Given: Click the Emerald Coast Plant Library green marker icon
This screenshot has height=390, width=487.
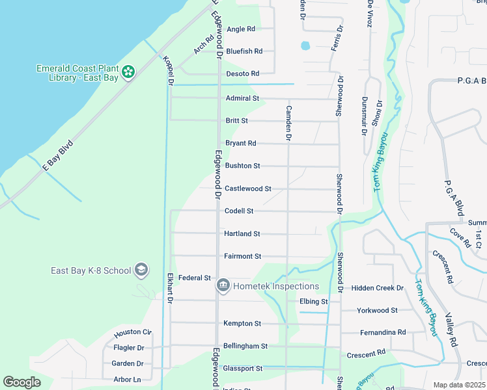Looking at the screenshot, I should [x=128, y=71].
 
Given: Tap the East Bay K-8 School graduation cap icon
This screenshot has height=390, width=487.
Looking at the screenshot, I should [x=141, y=270].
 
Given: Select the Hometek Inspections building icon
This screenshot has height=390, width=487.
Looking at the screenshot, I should [x=223, y=285].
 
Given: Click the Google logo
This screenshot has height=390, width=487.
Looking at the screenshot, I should [x=22, y=382].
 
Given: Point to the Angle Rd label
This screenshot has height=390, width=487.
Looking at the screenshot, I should [x=240, y=29].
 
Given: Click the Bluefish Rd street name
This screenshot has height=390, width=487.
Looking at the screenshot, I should [x=244, y=51].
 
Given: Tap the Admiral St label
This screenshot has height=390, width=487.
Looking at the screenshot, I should [x=242, y=98].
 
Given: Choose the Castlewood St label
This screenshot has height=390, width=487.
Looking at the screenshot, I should [x=247, y=188].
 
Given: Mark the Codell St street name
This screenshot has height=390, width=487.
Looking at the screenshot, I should [x=238, y=211].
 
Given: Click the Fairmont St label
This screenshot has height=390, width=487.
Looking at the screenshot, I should [x=242, y=256].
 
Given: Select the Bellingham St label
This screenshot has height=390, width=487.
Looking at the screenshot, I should [x=245, y=346].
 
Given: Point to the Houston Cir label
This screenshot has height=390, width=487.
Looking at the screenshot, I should [x=132, y=333].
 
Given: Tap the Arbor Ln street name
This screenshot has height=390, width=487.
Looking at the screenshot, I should [x=126, y=380].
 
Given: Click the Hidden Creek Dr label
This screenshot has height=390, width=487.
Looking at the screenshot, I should [x=377, y=288].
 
